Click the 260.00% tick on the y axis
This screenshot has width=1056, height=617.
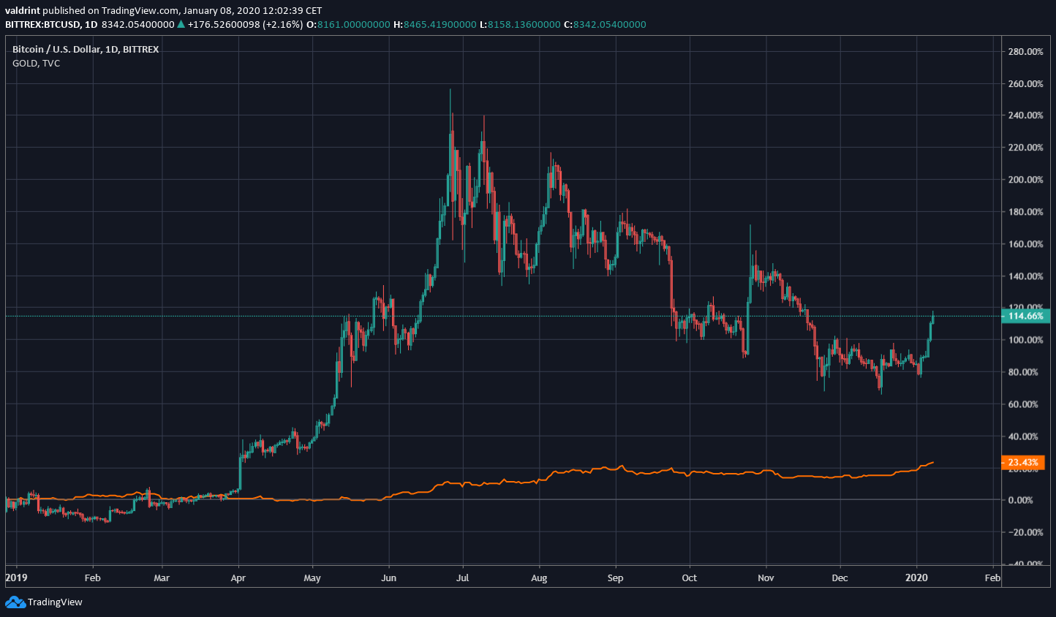point(1025,84)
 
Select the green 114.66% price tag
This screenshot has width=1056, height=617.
point(1025,317)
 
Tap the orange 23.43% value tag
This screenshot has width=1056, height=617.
point(1022,463)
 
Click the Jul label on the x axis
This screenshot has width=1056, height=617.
point(462,578)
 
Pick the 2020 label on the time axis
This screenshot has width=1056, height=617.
point(916,578)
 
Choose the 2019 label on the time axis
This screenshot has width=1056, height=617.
point(16,578)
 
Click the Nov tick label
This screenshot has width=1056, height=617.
point(766,578)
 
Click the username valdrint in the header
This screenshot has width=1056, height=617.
point(23,11)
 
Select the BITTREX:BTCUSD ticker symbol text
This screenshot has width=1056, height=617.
point(41,25)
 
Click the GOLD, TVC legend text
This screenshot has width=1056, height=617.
point(36,64)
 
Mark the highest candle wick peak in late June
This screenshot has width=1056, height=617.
point(450,90)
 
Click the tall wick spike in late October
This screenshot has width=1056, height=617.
point(750,226)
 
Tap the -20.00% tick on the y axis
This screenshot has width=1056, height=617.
point(1025,533)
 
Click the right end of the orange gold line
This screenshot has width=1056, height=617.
point(933,462)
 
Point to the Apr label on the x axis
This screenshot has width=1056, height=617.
point(238,578)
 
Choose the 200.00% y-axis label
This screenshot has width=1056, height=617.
point(1025,180)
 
